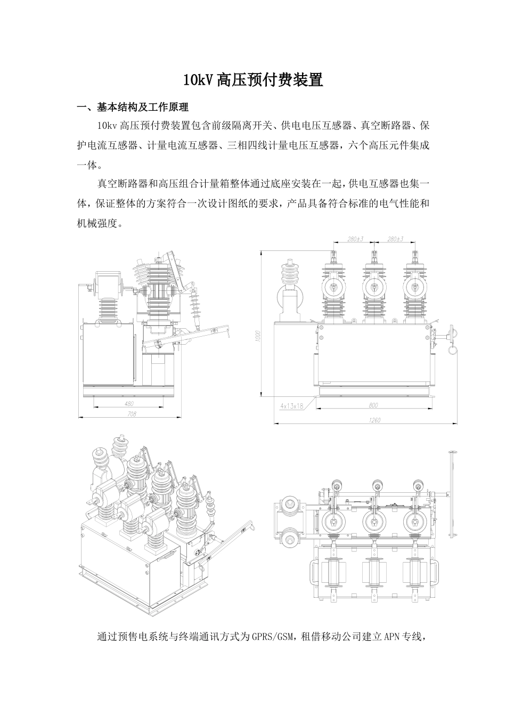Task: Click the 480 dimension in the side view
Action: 128,404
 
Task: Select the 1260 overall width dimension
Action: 374,420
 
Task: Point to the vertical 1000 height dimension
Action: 258,337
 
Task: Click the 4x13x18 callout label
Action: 291,405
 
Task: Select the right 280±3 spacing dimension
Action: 395,240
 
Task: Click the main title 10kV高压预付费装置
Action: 252,80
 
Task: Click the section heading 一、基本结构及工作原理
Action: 133,107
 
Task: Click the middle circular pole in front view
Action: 372,288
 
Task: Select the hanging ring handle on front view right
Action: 452,350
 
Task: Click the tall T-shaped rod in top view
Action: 453,490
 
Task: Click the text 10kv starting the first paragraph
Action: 107,126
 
